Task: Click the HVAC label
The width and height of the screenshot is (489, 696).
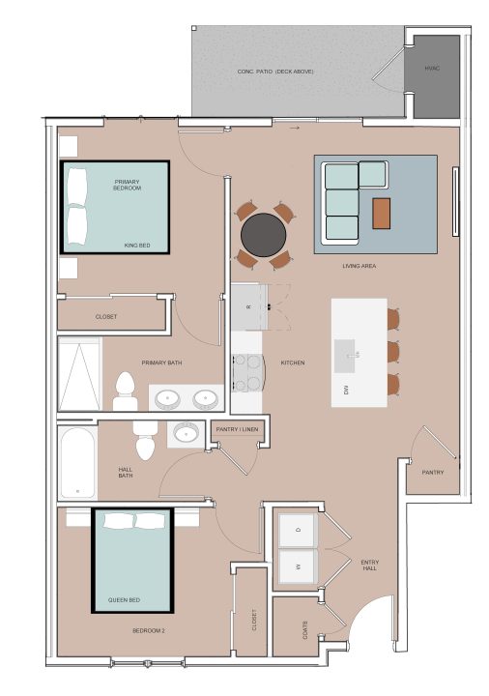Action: point(432,69)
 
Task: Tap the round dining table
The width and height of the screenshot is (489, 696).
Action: point(264,235)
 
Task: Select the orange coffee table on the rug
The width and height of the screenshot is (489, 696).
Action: point(381,214)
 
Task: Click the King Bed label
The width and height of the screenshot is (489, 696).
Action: point(137,245)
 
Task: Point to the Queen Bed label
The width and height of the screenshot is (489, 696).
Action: point(125,599)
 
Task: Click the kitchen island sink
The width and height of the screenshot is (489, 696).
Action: point(346,356)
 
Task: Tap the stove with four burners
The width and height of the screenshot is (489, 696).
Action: point(247,372)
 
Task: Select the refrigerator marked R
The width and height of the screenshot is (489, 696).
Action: point(249,307)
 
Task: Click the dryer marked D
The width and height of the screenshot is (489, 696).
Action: point(298,530)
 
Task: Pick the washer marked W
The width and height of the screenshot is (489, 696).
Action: point(298,565)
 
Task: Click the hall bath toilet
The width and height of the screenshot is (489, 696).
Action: point(145,441)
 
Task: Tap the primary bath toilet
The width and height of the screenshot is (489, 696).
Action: point(125,391)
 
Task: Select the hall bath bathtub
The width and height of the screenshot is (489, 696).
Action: point(77,462)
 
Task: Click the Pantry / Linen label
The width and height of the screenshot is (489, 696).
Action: point(237,429)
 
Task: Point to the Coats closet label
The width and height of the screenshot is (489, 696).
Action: point(305,630)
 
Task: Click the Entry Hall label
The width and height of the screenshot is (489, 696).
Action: point(369,565)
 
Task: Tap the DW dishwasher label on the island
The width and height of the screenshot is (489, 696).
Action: point(346,391)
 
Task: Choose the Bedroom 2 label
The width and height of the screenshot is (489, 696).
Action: point(149,630)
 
